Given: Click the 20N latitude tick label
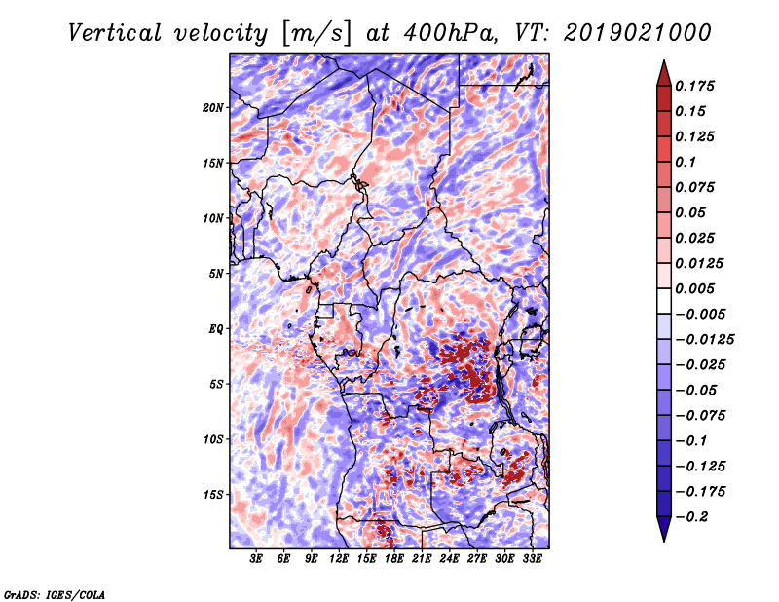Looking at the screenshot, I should (213, 107).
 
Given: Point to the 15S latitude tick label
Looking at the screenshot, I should (213, 495).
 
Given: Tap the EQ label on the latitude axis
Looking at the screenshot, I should (217, 329).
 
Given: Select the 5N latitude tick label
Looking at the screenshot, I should (216, 274).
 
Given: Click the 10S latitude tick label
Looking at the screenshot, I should (213, 439).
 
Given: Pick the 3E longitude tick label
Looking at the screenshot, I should (257, 559).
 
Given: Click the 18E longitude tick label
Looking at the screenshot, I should (394, 559).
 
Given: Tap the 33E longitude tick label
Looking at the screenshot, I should (532, 559).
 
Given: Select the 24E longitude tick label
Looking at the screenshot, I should (450, 559).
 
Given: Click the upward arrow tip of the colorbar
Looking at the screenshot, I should (662, 62).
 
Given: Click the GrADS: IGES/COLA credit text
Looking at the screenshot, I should (55, 593).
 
